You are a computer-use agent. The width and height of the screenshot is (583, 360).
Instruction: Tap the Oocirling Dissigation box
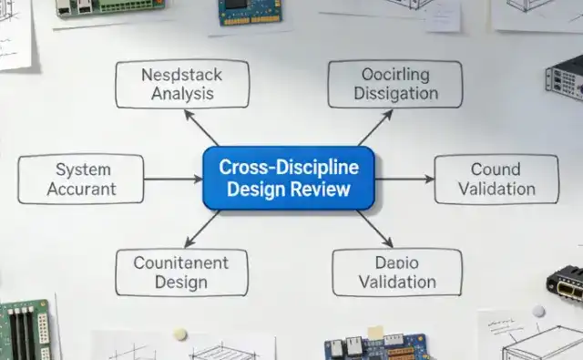(x=394, y=83)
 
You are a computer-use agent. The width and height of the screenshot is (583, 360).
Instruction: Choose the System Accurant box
(x=82, y=179)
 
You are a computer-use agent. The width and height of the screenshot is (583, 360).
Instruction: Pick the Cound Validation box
(x=496, y=179)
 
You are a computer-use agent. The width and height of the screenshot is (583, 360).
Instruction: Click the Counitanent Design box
(x=181, y=272)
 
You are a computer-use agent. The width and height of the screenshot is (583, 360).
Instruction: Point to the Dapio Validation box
(x=396, y=272)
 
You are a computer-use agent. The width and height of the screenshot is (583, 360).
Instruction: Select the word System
(x=83, y=169)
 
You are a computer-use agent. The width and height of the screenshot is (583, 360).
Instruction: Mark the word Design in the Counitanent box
(x=181, y=282)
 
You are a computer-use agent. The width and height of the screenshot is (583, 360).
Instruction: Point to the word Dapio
(x=396, y=262)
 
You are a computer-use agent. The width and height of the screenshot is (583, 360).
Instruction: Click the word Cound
(x=496, y=169)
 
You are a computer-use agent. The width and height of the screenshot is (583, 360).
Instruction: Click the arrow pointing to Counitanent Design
(x=202, y=230)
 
